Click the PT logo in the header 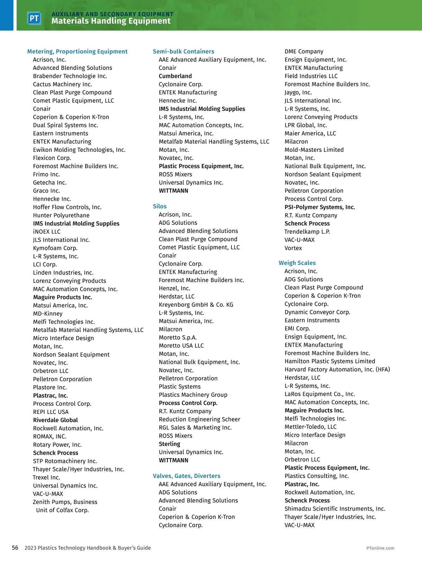34,18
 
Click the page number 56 15,548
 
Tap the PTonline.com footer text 380,548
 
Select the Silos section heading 160,206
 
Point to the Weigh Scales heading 297,263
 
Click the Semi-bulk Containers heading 183,51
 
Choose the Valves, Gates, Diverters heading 186,476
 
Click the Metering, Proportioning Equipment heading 77,51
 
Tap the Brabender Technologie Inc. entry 70,76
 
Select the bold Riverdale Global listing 56,420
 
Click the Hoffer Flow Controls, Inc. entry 67,207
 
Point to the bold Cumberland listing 175,76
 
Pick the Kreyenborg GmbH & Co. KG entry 196,304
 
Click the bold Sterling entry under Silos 170,444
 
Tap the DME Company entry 304,51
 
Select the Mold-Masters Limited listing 314,150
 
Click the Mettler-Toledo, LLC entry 311,426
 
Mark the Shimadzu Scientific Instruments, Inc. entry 335,508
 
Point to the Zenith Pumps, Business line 65,502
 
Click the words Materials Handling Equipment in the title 111,21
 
